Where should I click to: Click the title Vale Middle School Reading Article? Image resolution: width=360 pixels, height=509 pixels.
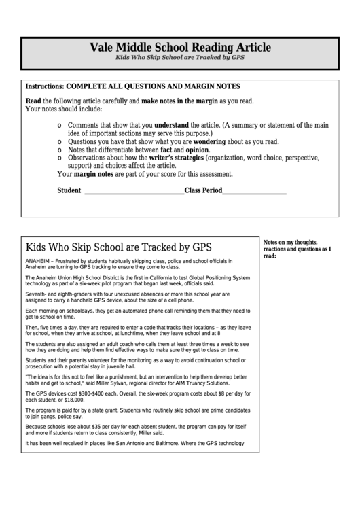[180, 48]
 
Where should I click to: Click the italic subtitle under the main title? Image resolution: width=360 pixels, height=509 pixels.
[180, 58]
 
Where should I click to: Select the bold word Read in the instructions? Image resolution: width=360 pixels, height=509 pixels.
[33, 101]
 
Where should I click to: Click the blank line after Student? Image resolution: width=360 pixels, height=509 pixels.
[132, 191]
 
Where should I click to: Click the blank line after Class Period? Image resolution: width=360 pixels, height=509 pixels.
[254, 191]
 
